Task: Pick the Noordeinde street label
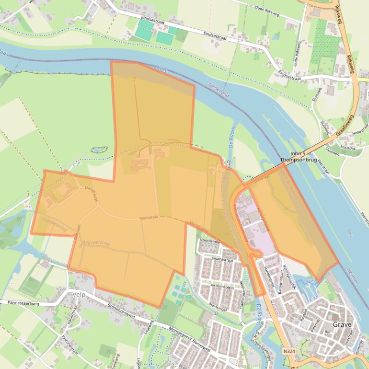[210, 241]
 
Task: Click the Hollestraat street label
[358, 132]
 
